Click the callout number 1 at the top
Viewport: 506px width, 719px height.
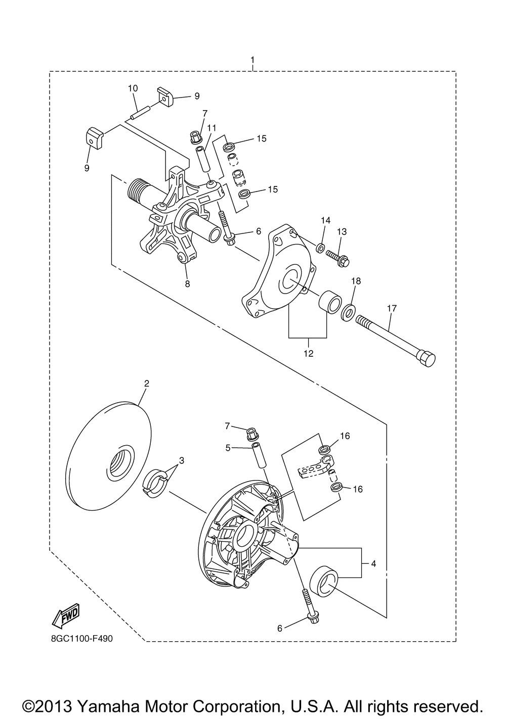[252, 61]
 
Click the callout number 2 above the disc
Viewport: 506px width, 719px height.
[146, 384]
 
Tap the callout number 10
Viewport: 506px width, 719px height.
[133, 88]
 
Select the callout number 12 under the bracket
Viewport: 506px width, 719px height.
[308, 353]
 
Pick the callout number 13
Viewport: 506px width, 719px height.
[342, 231]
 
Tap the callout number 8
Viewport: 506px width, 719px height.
[187, 284]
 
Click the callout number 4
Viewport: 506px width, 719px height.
[373, 563]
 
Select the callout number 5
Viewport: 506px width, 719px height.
[228, 447]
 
